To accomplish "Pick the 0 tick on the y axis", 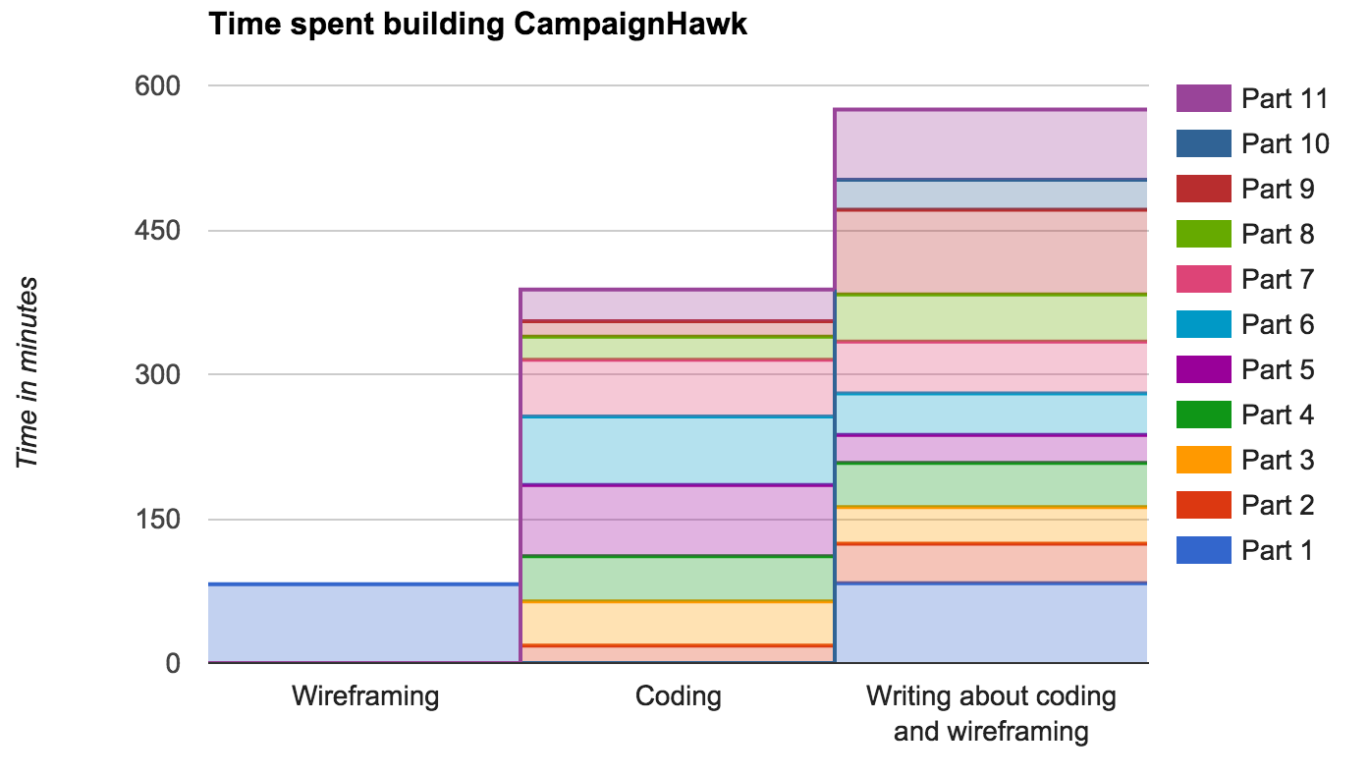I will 172,664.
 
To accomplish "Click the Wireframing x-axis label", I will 364,697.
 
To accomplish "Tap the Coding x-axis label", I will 678,697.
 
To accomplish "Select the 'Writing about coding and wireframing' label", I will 991,714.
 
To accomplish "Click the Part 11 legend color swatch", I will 1203,98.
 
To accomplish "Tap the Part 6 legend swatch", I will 1203,324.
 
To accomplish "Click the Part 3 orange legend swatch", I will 1203,460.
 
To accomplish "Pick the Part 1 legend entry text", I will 1277,551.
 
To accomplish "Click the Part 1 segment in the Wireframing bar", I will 363,624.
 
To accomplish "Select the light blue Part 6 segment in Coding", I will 676,451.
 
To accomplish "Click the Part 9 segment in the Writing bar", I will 991,251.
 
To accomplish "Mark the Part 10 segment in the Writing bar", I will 991,194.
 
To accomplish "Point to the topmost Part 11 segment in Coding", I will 676,305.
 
